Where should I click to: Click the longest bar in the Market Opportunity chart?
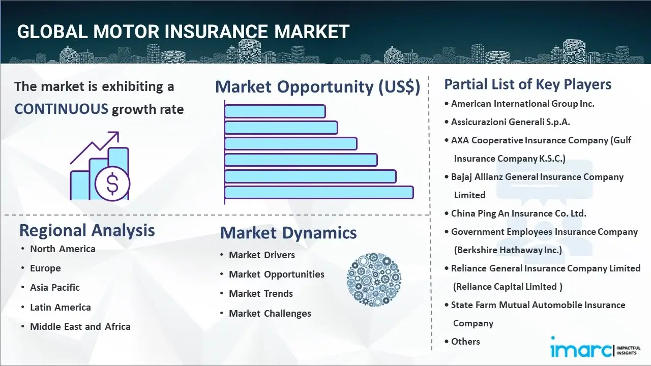[319, 193]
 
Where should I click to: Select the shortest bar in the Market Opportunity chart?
[275, 111]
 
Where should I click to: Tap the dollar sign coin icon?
[112, 184]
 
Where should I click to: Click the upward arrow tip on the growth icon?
[117, 133]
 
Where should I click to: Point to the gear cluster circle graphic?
[374, 280]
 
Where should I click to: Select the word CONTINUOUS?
[62, 109]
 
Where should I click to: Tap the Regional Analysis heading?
[87, 230]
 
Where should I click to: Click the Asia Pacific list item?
[54, 288]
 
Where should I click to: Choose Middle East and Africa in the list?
[80, 326]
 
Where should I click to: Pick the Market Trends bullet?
[261, 294]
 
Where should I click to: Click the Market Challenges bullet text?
[270, 314]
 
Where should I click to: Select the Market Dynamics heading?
[288, 233]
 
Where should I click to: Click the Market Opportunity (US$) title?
[318, 86]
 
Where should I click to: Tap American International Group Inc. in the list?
[522, 104]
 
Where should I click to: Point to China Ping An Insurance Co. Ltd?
[518, 213]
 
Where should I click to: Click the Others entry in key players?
[465, 342]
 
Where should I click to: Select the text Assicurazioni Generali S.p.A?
[510, 122]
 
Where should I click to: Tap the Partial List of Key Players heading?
[528, 84]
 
